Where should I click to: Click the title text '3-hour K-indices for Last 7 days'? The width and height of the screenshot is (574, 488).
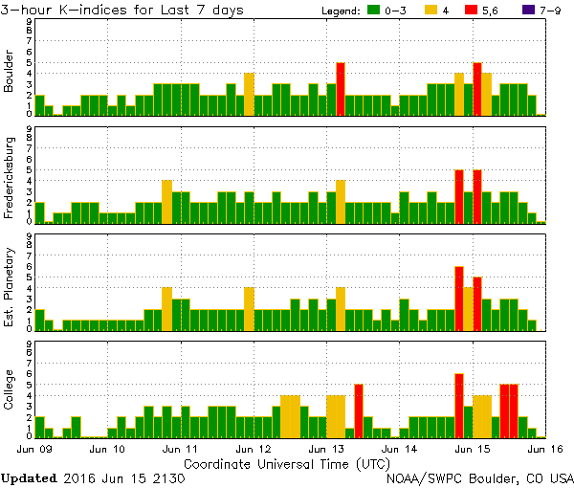point(122,10)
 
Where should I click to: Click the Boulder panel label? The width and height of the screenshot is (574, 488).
point(10,72)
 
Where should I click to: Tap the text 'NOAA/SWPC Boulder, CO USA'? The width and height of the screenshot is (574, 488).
point(479,477)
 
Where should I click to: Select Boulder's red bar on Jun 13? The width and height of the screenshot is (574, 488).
point(341,89)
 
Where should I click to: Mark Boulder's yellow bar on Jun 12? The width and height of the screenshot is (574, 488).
point(249,94)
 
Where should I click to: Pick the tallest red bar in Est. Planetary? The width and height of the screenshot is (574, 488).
point(459,299)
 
